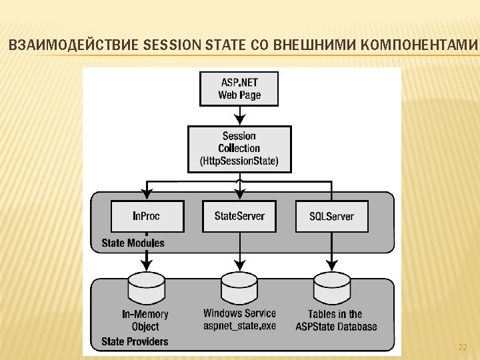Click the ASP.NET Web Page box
pyautogui.click(x=239, y=89)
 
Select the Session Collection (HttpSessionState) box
pyautogui.click(x=239, y=148)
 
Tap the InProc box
pyautogui.click(x=146, y=215)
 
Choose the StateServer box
pyautogui.click(x=239, y=215)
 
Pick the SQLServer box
pyautogui.click(x=331, y=215)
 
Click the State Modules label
pyautogui.click(x=133, y=243)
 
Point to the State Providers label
pyautogui.click(x=135, y=342)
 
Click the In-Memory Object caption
pyautogui.click(x=145, y=320)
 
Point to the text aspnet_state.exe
pyautogui.click(x=239, y=326)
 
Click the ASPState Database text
pyautogui.click(x=336, y=327)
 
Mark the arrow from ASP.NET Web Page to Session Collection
pyautogui.click(x=239, y=115)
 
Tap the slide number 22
pyautogui.click(x=462, y=348)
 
